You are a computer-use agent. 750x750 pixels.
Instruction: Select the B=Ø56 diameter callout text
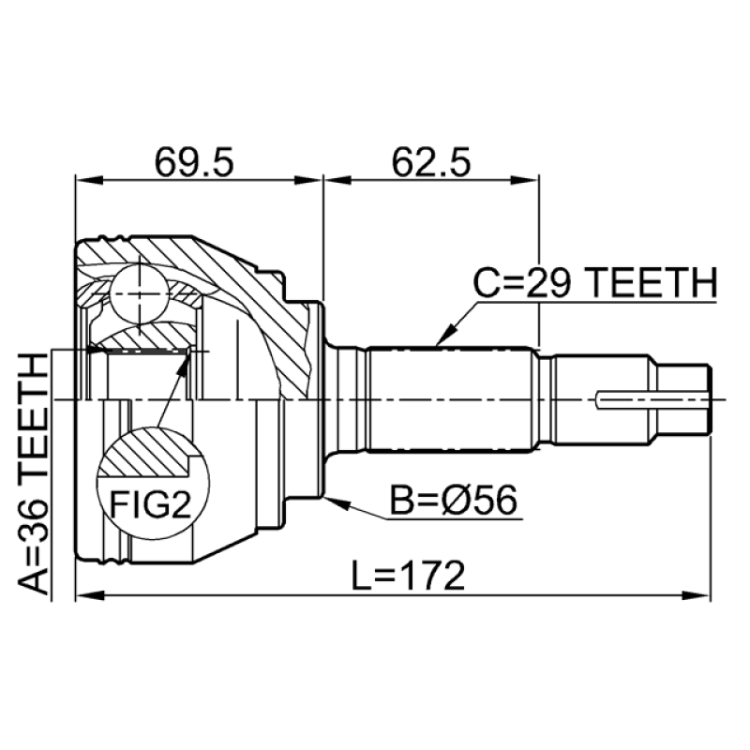(x=454, y=501)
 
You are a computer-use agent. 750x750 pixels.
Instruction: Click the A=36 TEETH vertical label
(x=34, y=474)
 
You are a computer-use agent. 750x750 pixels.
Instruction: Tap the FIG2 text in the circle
(x=151, y=504)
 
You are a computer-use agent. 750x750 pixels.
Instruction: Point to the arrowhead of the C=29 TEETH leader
(x=442, y=335)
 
